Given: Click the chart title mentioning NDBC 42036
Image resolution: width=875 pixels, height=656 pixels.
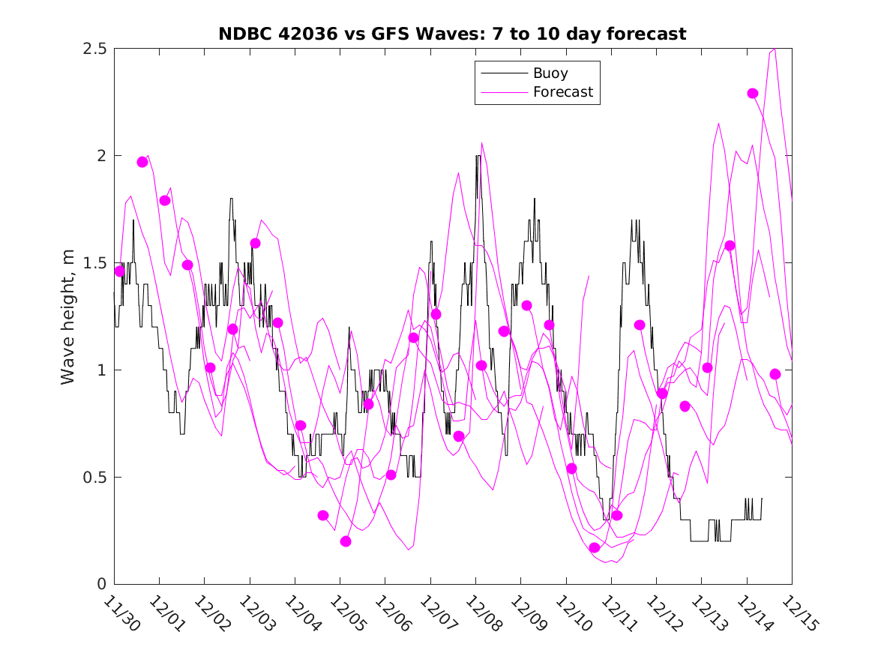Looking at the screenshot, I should pos(452,34).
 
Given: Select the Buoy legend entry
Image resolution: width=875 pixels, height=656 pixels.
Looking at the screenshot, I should pos(550,73).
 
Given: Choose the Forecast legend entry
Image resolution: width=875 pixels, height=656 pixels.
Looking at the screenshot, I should pos(562,92).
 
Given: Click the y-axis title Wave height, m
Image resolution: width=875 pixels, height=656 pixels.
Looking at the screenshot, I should pos(68,316).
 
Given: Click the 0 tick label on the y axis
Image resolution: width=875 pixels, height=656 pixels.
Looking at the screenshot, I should pos(101,584).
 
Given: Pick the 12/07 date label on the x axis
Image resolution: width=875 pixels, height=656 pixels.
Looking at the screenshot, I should pos(436,613).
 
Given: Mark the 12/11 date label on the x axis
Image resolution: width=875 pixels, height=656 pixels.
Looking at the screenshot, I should pos(616,613).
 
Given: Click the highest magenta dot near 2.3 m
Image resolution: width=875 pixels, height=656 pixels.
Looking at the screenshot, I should pos(753,94).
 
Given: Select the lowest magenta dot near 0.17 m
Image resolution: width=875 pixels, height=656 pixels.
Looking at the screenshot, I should pos(595,548).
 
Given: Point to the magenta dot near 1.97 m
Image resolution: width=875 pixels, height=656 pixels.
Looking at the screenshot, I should pos(142,162).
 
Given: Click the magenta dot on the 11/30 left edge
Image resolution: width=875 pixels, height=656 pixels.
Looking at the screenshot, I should pos(119,271).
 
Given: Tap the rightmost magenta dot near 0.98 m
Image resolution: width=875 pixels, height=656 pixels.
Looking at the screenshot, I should pos(775,374).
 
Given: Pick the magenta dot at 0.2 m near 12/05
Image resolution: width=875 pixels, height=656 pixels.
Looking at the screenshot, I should pos(346,541).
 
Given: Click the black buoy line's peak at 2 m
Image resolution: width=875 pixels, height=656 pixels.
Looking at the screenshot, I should pos(478,156).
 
